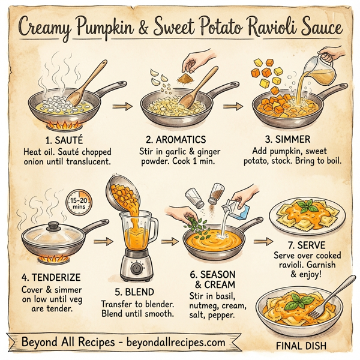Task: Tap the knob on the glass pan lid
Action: click(x=53, y=227)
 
